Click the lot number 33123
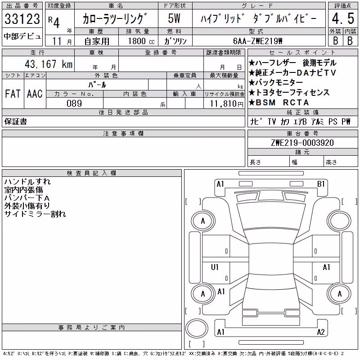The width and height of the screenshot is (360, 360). [22, 18]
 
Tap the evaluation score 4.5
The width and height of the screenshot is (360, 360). [343, 18]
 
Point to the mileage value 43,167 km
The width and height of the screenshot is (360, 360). [49, 64]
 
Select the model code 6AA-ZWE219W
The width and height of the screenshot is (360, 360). [257, 41]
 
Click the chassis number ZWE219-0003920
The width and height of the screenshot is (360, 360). [302, 143]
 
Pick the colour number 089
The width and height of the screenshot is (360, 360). [74, 103]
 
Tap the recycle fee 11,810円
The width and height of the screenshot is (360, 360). [227, 104]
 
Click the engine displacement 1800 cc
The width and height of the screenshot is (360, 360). [141, 41]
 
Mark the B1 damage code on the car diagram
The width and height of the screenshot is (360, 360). [321, 184]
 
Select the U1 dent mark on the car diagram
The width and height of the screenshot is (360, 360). [215, 267]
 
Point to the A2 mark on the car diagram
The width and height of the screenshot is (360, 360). [321, 332]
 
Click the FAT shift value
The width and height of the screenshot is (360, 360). [13, 94]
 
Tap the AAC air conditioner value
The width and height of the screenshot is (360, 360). [35, 94]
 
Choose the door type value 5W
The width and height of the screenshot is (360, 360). [174, 18]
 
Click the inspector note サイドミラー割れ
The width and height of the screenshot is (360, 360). [35, 214]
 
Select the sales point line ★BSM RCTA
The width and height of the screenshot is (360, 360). [279, 103]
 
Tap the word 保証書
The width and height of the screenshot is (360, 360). [16, 121]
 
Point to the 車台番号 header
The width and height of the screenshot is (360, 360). [302, 133]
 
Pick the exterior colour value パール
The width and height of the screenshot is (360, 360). [97, 85]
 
